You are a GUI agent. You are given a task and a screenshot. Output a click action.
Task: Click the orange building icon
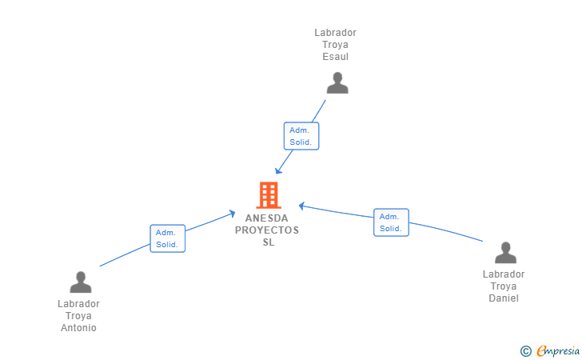point(268,194)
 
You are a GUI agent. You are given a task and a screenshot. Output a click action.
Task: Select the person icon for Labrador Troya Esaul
point(337,83)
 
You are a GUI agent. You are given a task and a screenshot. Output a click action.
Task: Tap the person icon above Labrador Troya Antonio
point(81,282)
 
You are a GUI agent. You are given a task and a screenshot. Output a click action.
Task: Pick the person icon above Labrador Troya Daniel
point(505,253)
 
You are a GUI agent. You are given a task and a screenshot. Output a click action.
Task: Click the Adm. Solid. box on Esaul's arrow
point(301,136)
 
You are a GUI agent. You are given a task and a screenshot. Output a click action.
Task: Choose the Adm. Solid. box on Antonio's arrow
point(168,238)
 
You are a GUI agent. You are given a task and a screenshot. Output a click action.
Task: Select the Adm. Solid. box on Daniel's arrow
point(391,222)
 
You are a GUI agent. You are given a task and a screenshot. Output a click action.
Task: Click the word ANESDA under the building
point(268,218)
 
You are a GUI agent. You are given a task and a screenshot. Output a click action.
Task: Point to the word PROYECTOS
point(267,230)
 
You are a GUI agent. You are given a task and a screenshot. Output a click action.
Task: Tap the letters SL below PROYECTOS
point(268,242)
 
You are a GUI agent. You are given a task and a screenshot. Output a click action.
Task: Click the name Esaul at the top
point(336,57)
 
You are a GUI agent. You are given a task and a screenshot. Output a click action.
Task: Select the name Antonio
point(78,328)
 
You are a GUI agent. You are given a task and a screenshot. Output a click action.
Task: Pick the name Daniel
point(504,298)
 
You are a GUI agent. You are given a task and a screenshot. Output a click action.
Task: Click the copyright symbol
point(526,350)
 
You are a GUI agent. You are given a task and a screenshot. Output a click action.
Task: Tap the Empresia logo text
point(558,350)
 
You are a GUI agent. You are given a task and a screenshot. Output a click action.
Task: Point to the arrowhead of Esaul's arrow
point(277,171)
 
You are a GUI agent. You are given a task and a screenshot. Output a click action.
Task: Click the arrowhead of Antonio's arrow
point(233,213)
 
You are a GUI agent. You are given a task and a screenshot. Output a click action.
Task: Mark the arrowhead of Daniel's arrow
point(301,206)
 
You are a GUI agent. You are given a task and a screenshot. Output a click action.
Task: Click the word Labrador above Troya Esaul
point(336,33)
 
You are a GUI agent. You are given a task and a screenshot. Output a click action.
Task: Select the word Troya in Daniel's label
point(504,286)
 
